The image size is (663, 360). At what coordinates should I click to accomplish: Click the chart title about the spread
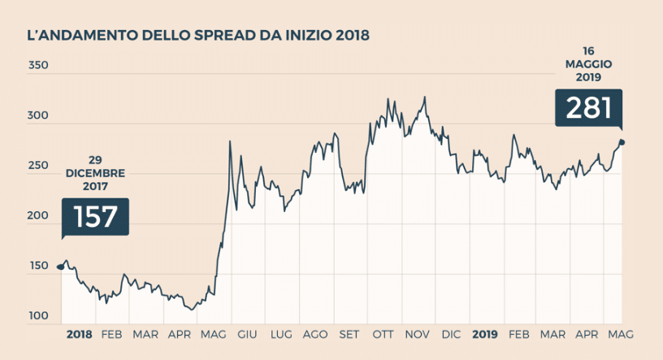pyautogui.click(x=198, y=35)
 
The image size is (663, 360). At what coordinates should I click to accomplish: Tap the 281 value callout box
pyautogui.click(x=588, y=108)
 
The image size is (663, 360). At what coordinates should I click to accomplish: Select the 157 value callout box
pyautogui.click(x=95, y=216)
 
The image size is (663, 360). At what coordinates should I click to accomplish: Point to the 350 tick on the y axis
pyautogui.click(x=38, y=65)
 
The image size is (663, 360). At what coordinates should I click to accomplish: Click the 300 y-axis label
pyautogui.click(x=38, y=116)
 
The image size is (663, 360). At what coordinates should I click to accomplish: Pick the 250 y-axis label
pyautogui.click(x=38, y=167)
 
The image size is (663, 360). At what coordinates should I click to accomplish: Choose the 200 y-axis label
pyautogui.click(x=38, y=216)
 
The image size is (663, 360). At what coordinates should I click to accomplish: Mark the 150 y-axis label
pyautogui.click(x=38, y=267)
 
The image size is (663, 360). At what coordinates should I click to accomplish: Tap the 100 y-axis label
pyautogui.click(x=38, y=316)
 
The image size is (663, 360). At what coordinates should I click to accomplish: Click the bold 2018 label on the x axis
pyautogui.click(x=79, y=335)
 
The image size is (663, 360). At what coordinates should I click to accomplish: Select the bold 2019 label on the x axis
pyautogui.click(x=485, y=335)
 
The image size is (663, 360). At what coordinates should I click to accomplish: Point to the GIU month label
pyautogui.click(x=247, y=335)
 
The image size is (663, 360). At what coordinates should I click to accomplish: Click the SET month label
pyautogui.click(x=349, y=335)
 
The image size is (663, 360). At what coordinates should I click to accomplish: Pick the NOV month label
pyautogui.click(x=417, y=335)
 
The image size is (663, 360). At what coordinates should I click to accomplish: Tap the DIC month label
pyautogui.click(x=450, y=335)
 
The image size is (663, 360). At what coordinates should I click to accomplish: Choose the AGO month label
pyautogui.click(x=314, y=335)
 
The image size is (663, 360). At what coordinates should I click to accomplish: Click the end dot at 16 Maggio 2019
pyautogui.click(x=622, y=141)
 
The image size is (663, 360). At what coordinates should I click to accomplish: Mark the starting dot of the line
pyautogui.click(x=61, y=266)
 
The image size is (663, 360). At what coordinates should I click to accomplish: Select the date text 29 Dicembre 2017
pyautogui.click(x=95, y=173)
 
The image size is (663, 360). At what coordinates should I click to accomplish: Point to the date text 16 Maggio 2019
pyautogui.click(x=588, y=64)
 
